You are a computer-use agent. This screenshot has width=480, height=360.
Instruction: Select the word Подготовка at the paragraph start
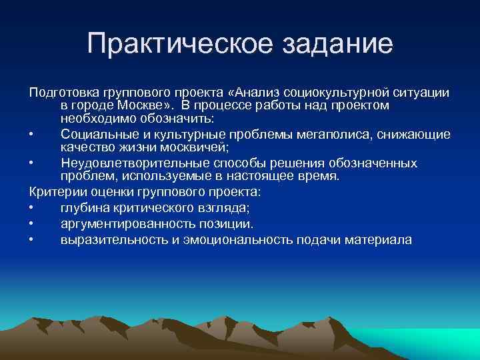tap(64, 92)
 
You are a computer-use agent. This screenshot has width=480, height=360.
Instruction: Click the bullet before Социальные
tap(32, 135)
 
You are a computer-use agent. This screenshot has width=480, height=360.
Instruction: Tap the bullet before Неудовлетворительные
tap(32, 163)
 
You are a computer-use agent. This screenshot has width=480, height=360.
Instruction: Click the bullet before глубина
tap(32, 208)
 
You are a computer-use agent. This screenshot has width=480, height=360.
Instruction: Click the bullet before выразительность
tap(32, 239)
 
